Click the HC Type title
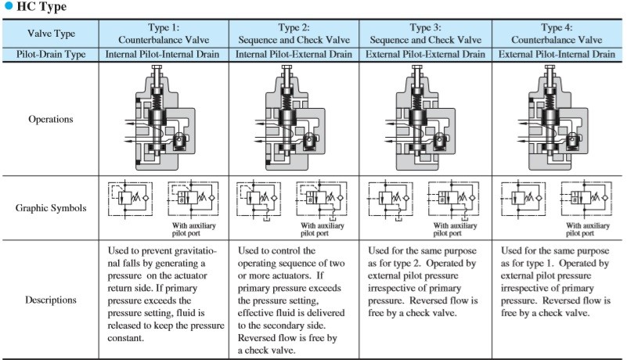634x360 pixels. [41, 7]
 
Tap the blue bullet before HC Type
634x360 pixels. [9, 8]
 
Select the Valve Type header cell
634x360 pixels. [51, 33]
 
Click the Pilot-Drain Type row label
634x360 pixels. [51, 54]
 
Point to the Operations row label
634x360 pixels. [51, 120]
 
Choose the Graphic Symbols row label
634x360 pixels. [51, 208]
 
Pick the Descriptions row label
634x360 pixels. [51, 299]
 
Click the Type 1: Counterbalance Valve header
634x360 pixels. [164, 33]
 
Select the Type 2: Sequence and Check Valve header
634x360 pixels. [294, 33]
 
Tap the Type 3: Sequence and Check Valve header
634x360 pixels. [425, 33]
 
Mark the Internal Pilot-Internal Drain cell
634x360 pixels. [164, 54]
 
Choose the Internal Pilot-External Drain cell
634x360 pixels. [294, 54]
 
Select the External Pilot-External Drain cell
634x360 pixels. [425, 54]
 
